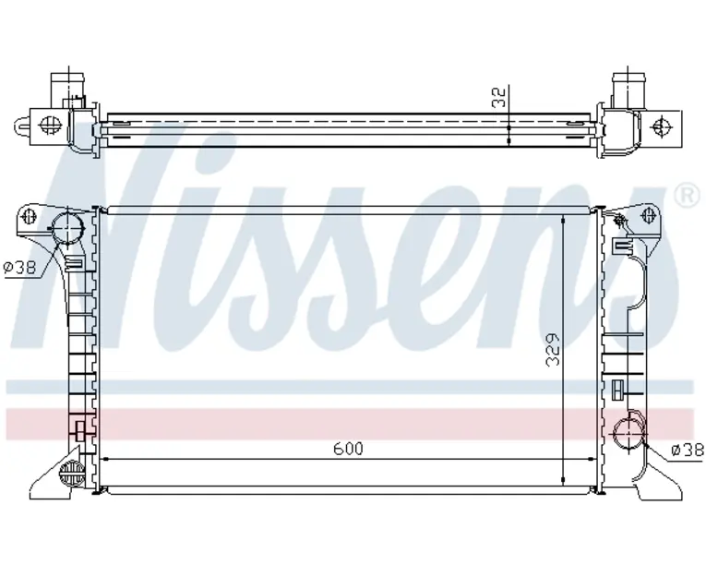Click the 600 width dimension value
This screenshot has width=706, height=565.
(348, 449)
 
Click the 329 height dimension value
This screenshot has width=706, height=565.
(553, 350)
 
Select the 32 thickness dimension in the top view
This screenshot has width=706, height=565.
(499, 97)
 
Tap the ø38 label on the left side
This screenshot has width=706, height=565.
(19, 268)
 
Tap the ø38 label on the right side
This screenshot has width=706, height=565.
(688, 450)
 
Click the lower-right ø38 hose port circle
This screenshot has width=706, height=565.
(630, 433)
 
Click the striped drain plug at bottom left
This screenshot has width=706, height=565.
(72, 473)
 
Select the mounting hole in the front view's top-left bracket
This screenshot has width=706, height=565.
(29, 217)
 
